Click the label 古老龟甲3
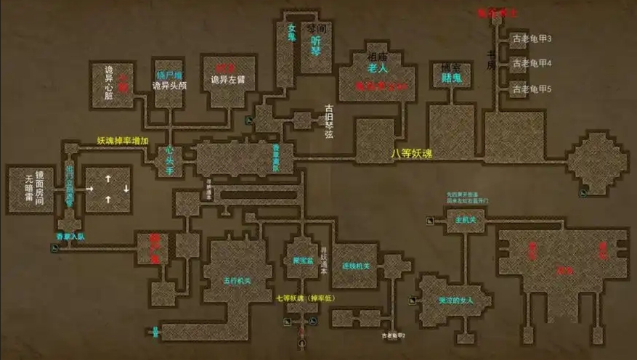pyautogui.click(x=532, y=38)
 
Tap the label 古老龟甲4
pyautogui.click(x=532, y=64)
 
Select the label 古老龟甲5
pyautogui.click(x=532, y=89)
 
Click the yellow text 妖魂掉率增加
pyautogui.click(x=123, y=141)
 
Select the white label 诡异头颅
pyautogui.click(x=170, y=86)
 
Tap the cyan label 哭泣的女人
pyautogui.click(x=455, y=300)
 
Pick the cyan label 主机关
pyautogui.click(x=465, y=218)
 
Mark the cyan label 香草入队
pyautogui.click(x=71, y=236)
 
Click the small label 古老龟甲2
pyautogui.click(x=393, y=336)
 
